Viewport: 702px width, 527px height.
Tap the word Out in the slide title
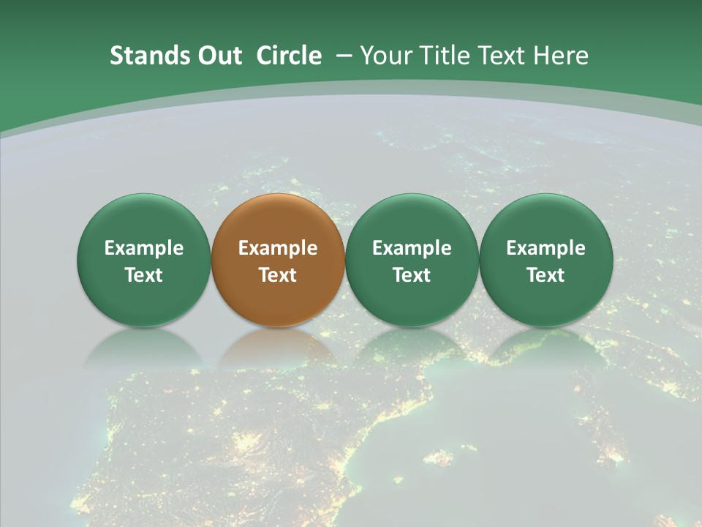[x=219, y=56]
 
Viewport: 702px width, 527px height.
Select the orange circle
[x=278, y=260]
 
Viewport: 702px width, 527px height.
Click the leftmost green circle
[x=143, y=260]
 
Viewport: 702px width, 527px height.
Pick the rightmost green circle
[x=546, y=260]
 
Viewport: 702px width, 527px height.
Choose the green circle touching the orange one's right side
[x=412, y=260]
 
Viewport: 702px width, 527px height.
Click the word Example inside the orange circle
[x=278, y=248]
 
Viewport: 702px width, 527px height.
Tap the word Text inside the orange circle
[x=278, y=275]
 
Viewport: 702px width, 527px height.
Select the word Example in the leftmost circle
[x=143, y=248]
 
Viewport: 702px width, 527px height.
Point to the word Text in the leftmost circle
[x=143, y=275]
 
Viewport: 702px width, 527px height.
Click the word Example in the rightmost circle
[x=546, y=248]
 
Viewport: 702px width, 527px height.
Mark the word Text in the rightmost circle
[x=546, y=275]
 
